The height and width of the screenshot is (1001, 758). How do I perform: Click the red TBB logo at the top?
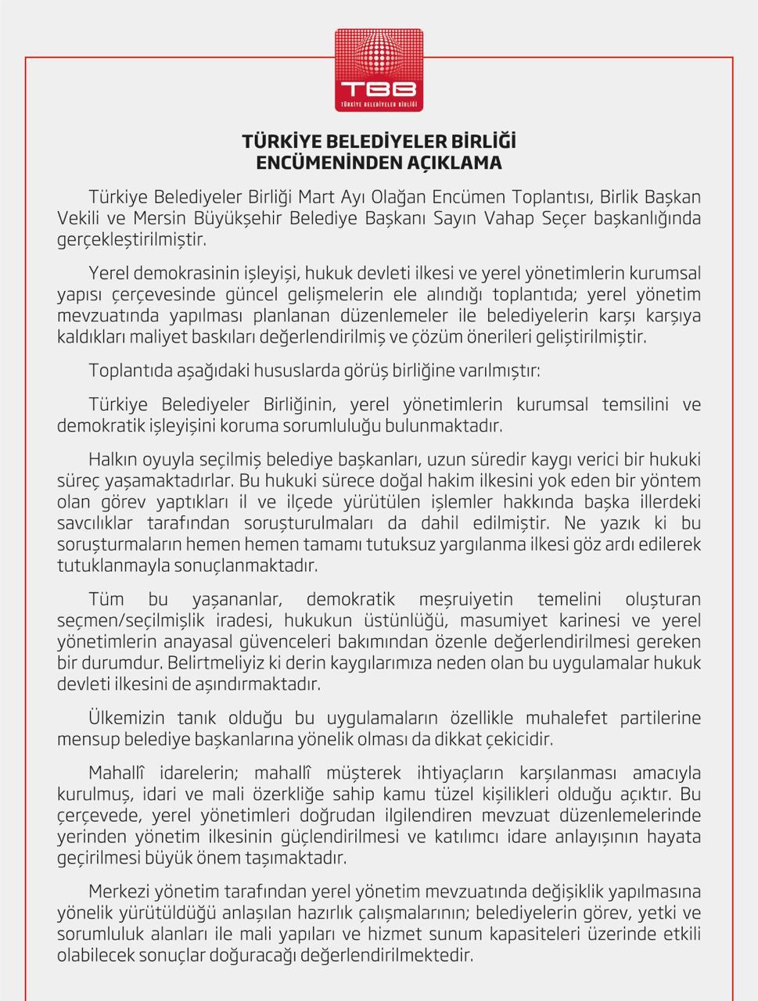click(379, 71)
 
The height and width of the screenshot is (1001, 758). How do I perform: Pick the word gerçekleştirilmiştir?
click(131, 239)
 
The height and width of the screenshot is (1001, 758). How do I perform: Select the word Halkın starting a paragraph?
click(113, 459)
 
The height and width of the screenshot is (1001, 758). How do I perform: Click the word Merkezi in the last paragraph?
click(120, 892)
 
